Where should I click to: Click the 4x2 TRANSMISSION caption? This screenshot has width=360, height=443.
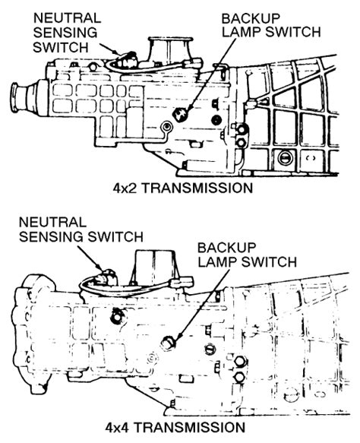(183, 188)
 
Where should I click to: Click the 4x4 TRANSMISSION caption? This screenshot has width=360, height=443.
(175, 428)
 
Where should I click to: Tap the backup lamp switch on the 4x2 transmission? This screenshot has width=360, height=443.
(179, 114)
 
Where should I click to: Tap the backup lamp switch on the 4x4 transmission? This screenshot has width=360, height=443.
(169, 343)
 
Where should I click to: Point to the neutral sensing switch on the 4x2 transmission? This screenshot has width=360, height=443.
(127, 59)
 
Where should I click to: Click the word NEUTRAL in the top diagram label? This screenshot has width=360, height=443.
(67, 18)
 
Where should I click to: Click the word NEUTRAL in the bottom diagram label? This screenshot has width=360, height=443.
(52, 223)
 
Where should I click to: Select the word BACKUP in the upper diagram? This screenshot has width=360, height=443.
(251, 19)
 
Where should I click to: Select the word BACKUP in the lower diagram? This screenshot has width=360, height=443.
(226, 248)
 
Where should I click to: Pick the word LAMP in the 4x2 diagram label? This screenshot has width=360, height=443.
(242, 32)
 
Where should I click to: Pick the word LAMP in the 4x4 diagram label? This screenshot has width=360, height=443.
(218, 261)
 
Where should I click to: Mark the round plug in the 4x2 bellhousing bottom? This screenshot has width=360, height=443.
(283, 158)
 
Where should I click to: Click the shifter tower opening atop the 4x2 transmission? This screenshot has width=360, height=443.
(171, 40)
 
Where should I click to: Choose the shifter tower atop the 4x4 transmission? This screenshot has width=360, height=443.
(154, 267)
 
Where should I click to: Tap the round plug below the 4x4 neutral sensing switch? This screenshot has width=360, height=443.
(116, 318)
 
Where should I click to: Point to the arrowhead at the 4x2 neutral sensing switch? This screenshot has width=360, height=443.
(115, 52)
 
